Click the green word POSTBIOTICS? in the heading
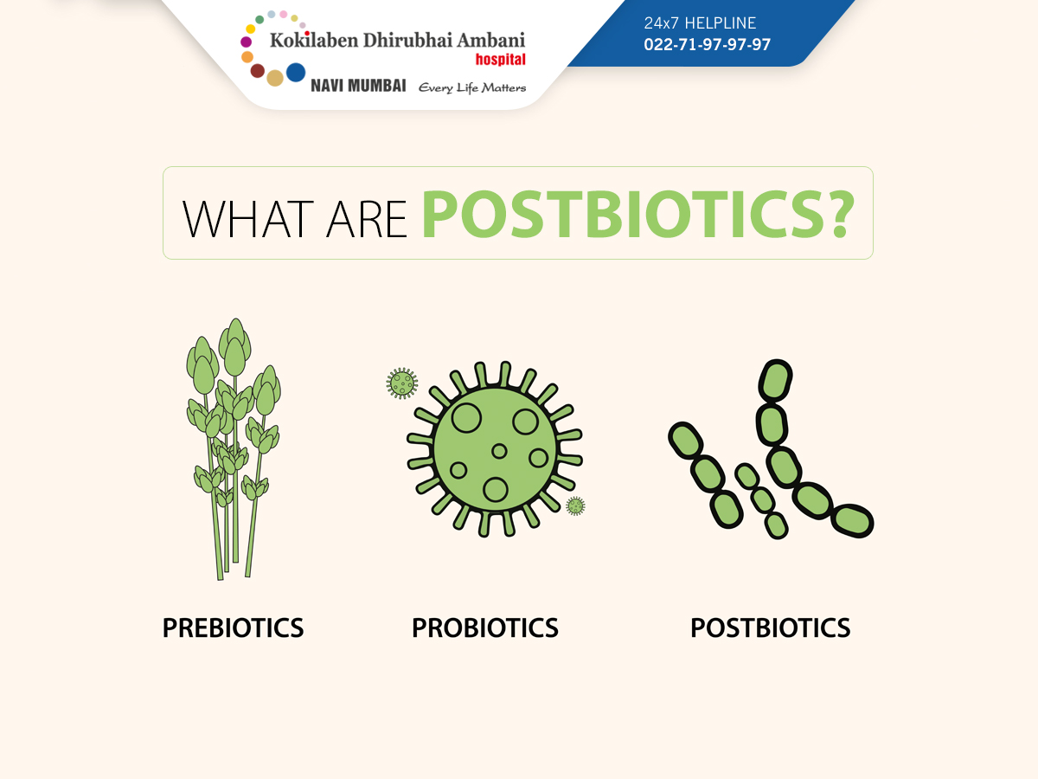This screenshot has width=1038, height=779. pos(638,215)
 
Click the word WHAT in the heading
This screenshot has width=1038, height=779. pos(247,219)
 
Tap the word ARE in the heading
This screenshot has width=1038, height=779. pos(367,219)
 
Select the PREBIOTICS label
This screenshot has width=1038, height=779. pos(234,628)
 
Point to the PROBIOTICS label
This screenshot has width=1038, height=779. pos(485,628)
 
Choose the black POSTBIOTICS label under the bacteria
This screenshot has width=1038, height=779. pos(771,628)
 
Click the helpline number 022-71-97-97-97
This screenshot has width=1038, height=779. pos(707,44)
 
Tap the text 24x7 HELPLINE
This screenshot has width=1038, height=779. pos(700,23)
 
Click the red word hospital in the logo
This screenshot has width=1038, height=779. pos(500,60)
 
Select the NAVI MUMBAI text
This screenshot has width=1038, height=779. pos(358,86)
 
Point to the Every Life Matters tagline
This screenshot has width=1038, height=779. pos(472,88)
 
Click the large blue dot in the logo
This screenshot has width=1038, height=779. pos(296,73)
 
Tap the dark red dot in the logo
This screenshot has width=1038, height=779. pos(257,71)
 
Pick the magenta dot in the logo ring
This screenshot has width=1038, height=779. pos(246,42)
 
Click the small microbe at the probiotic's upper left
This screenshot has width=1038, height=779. pos(402,383)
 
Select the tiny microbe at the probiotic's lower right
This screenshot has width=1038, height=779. pos(575,506)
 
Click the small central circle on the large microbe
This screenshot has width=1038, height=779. pos(499,451)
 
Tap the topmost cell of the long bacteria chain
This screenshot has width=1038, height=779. pos(776,380)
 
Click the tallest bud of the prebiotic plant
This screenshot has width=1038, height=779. pos(235,347)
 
